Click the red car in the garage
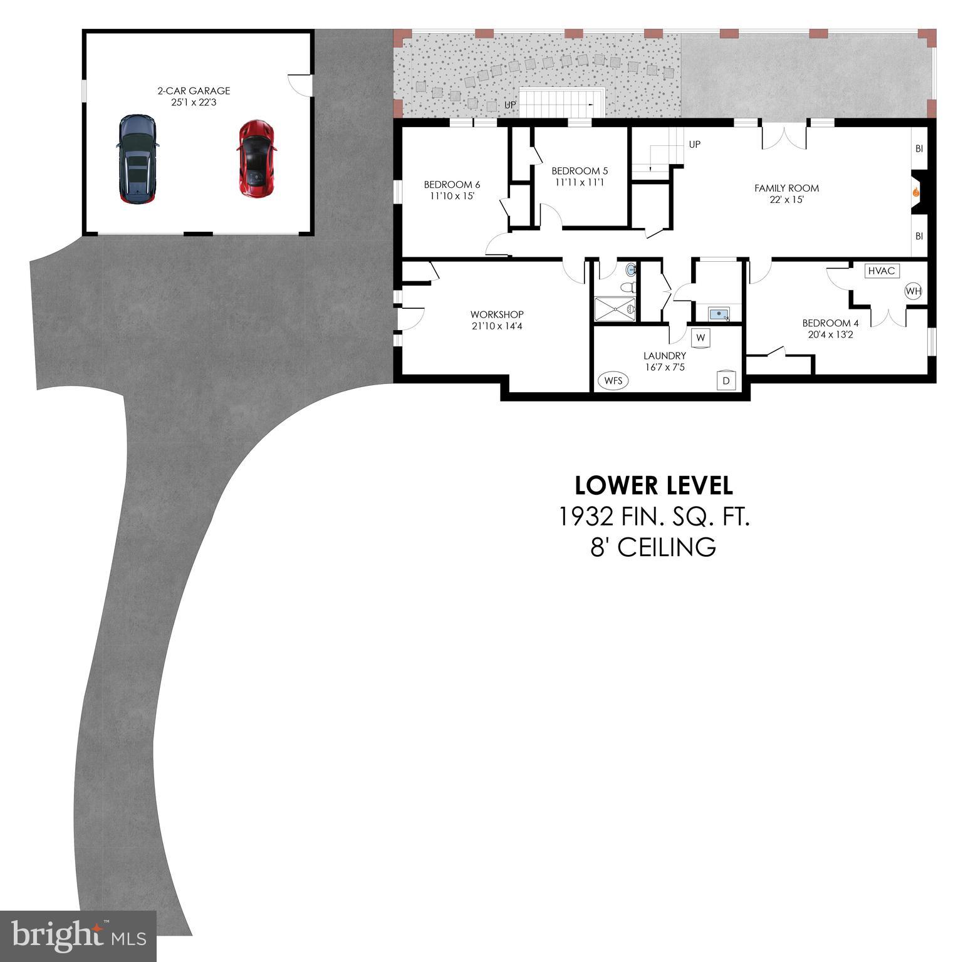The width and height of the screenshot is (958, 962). (x=256, y=158)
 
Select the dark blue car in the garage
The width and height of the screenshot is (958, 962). (x=137, y=159)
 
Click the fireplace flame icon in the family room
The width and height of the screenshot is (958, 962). (x=915, y=193)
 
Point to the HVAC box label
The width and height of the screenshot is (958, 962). (x=882, y=271)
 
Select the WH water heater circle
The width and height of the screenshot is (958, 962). (x=914, y=291)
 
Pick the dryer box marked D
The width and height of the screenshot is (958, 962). (x=726, y=380)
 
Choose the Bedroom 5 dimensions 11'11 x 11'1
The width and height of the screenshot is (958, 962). (x=579, y=182)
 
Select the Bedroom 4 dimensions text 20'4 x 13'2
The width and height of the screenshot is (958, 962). (x=830, y=334)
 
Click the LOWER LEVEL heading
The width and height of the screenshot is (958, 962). (x=653, y=485)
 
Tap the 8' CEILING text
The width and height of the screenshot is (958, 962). (x=653, y=547)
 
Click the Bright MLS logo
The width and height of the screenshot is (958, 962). (x=78, y=937)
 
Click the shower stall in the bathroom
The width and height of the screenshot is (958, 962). (x=615, y=309)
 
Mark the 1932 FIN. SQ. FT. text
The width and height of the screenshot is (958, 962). (x=653, y=517)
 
